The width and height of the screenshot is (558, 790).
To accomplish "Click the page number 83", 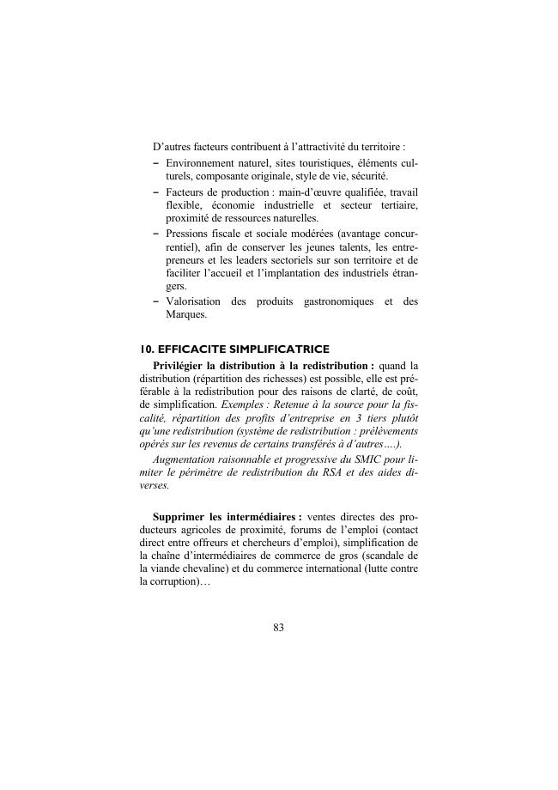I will pyautogui.click(x=278, y=628).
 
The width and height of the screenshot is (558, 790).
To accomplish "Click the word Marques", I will pyautogui.click(x=186, y=314).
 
